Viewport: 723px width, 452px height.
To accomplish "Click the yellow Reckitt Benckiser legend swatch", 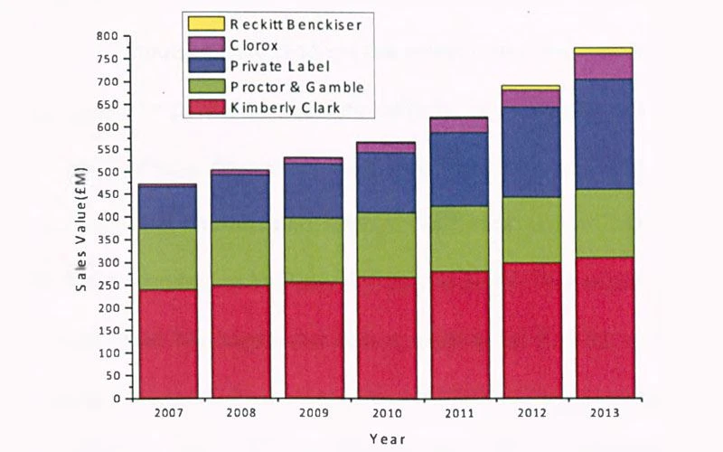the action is [206, 24].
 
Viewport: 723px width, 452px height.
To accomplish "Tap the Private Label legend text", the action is [280, 66].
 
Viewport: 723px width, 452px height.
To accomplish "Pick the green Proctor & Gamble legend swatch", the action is [206, 86].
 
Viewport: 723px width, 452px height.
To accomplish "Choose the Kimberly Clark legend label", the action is [285, 108].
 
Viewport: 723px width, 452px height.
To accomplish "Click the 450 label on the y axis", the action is [108, 194].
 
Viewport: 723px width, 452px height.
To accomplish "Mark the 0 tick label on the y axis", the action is [117, 398].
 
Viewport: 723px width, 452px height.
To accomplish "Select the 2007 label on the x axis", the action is [168, 412].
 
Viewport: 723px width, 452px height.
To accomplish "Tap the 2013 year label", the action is [605, 412].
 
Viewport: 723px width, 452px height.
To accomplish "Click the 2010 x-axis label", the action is [387, 412].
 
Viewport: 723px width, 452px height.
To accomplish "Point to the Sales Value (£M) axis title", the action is [81, 230].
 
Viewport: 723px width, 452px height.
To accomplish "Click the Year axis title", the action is [388, 438].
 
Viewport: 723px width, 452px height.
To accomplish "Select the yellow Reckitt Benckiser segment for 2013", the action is [604, 51].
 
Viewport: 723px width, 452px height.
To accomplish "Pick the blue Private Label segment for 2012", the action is [531, 152].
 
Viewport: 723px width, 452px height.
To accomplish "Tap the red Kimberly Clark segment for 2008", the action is [240, 342].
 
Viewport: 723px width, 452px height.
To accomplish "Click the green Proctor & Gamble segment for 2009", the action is [314, 250].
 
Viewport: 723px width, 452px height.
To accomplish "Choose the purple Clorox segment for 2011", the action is [459, 126].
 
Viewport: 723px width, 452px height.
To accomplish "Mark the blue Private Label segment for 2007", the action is [168, 207].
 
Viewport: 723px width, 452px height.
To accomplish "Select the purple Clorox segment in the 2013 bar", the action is [604, 66].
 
